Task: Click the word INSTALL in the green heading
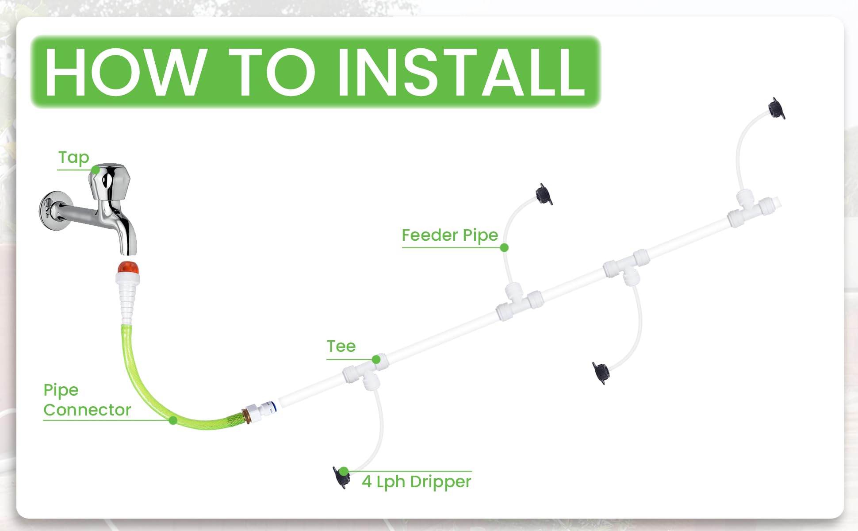coord(461,72)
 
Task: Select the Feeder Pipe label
coord(450,235)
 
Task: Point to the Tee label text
coord(341,346)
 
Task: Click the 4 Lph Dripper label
coord(416,481)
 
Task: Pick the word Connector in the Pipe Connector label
coord(87,410)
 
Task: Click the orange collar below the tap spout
coord(128,267)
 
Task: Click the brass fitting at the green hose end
coord(246,416)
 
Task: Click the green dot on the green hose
coord(173,420)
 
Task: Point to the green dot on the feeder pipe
coord(504,247)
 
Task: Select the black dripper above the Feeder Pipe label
coord(544,194)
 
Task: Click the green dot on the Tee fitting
coord(376,359)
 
